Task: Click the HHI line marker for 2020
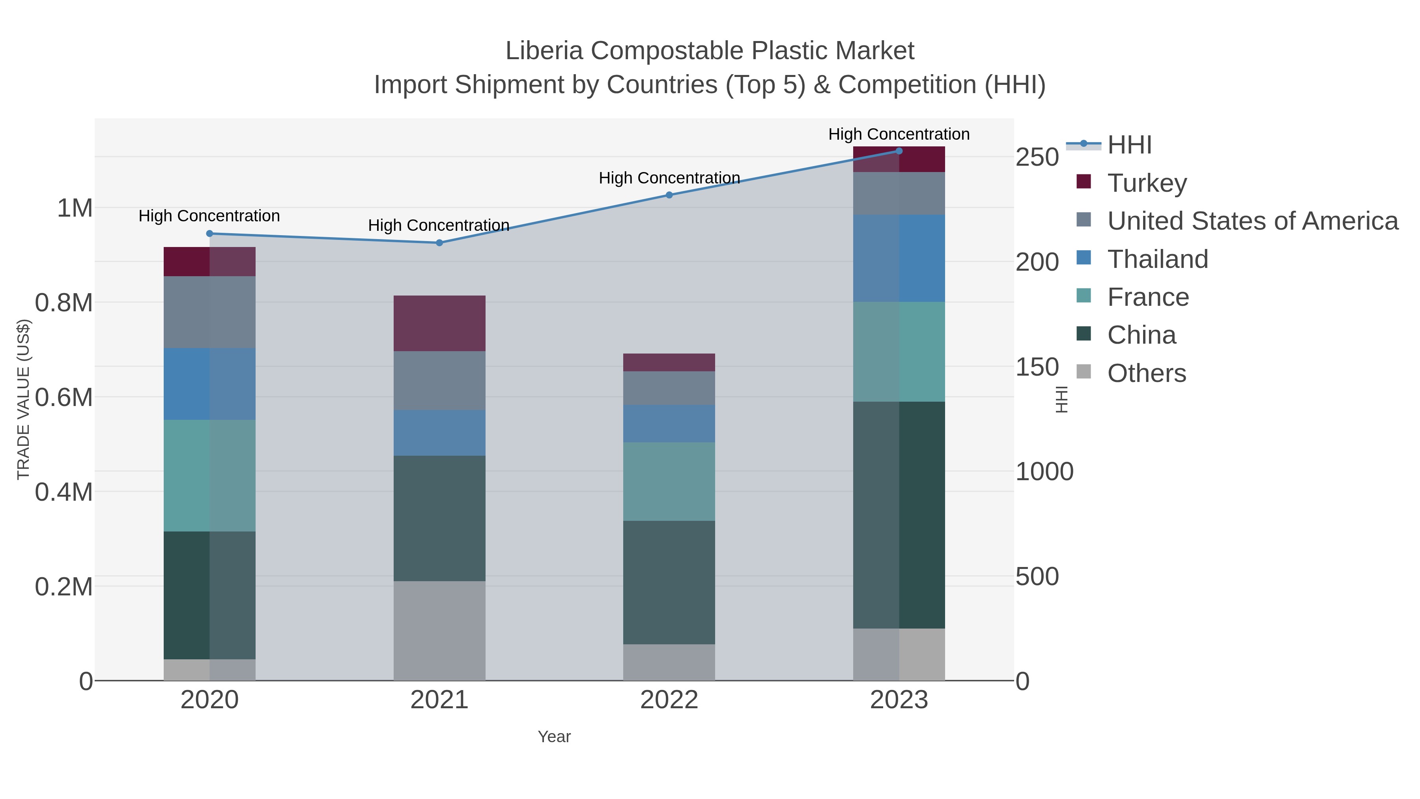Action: click(209, 234)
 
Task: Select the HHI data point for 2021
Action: click(439, 243)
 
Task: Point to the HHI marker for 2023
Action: click(899, 151)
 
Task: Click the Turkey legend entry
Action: click(1147, 183)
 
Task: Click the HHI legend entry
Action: click(1129, 145)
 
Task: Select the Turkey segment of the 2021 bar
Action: click(439, 324)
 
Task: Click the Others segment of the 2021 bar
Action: click(439, 631)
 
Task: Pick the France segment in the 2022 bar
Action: click(669, 481)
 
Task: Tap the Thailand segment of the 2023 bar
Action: click(899, 258)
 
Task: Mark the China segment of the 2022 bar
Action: click(669, 582)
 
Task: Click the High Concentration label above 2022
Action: click(669, 178)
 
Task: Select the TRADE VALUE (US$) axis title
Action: click(23, 399)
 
